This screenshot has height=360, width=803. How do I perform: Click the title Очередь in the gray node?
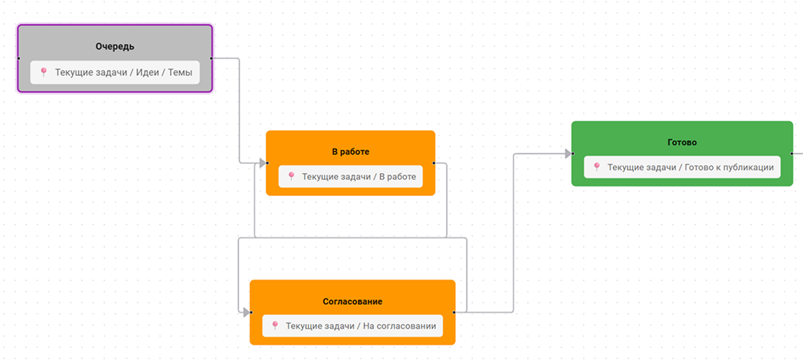(x=115, y=47)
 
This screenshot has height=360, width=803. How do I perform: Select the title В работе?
(x=350, y=152)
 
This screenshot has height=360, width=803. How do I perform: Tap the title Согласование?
(x=352, y=302)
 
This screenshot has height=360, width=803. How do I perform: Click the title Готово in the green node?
(x=682, y=142)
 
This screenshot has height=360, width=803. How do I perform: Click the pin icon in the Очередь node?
(x=44, y=72)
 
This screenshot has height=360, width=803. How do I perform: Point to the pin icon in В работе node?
(x=291, y=177)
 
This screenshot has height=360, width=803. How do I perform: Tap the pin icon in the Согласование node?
(x=275, y=326)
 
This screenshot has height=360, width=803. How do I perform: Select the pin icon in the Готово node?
(x=597, y=166)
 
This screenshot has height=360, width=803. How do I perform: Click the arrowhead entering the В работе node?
(x=262, y=162)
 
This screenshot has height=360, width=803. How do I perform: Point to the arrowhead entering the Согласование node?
(x=246, y=313)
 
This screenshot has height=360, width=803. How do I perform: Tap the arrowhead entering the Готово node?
(x=568, y=153)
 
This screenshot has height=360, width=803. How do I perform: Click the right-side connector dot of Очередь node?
(x=211, y=58)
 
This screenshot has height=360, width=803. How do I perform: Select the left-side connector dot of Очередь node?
(x=18, y=58)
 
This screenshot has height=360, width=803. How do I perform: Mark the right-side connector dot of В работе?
(x=434, y=162)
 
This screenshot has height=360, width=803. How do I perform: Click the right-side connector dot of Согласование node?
(x=455, y=313)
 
